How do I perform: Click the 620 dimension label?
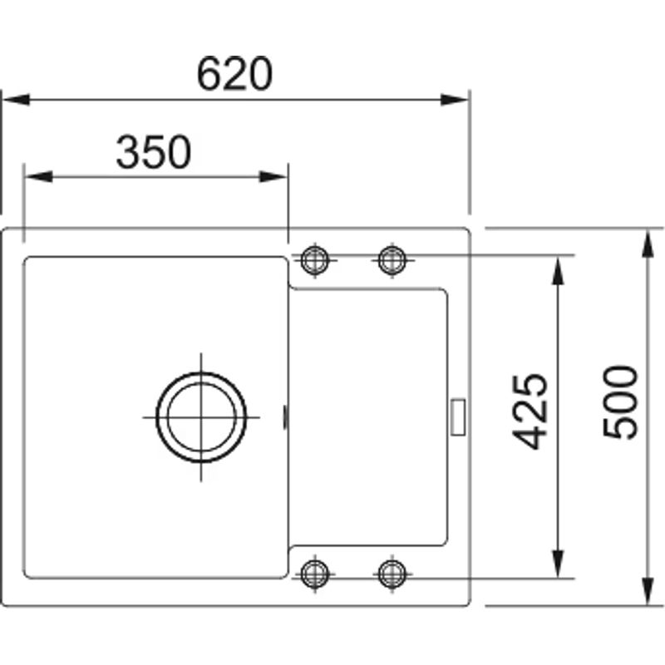[235, 74]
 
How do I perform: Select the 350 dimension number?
[154, 152]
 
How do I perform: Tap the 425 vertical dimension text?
[529, 411]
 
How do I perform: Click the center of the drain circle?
[202, 416]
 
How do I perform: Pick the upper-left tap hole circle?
[314, 259]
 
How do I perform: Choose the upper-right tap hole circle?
[392, 259]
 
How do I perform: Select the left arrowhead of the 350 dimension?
[38, 177]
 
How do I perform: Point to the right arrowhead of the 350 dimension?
[273, 177]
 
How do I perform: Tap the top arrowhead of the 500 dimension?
[648, 241]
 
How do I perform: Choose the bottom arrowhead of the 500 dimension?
[648, 591]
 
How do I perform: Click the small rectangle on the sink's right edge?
[458, 416]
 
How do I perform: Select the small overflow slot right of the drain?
[287, 416]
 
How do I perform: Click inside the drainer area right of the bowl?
[370, 416]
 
